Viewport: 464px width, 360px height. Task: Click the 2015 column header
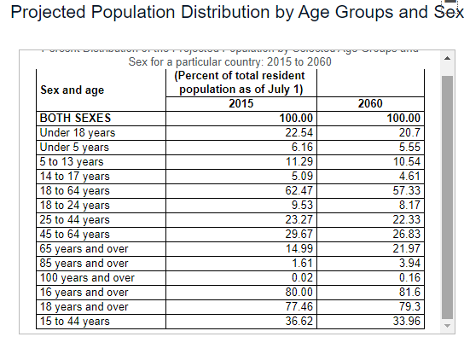[241, 103]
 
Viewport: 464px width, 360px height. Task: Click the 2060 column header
[371, 103]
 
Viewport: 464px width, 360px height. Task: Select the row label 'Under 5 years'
[74, 147]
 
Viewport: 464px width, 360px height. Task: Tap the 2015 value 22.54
[300, 132]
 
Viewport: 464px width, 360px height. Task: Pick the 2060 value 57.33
[405, 190]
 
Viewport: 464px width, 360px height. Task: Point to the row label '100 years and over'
[87, 277]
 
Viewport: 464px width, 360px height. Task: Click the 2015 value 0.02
[303, 277]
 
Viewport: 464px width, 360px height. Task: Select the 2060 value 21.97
[405, 248]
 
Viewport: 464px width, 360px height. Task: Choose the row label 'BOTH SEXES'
[76, 119]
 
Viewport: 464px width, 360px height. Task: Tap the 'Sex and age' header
[72, 89]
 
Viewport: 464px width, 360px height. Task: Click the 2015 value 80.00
[300, 292]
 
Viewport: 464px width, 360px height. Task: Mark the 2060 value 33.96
[405, 321]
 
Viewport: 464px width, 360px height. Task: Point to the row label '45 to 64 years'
[75, 234]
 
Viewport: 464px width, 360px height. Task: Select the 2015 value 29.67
[300, 234]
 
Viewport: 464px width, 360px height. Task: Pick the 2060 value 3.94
[409, 263]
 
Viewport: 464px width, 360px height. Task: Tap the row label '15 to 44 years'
[75, 321]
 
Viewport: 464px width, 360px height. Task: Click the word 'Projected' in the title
[57, 14]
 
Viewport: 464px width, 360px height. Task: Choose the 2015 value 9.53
[303, 205]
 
